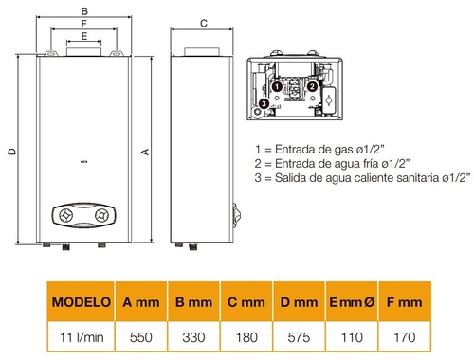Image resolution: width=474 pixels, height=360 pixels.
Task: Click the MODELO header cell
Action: [80, 302]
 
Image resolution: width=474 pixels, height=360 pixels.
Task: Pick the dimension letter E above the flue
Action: [85, 35]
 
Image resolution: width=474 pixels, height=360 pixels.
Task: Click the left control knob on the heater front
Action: [66, 216]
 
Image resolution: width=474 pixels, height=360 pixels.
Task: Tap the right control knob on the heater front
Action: [100, 216]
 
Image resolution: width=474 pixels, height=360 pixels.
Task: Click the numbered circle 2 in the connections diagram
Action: [311, 86]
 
